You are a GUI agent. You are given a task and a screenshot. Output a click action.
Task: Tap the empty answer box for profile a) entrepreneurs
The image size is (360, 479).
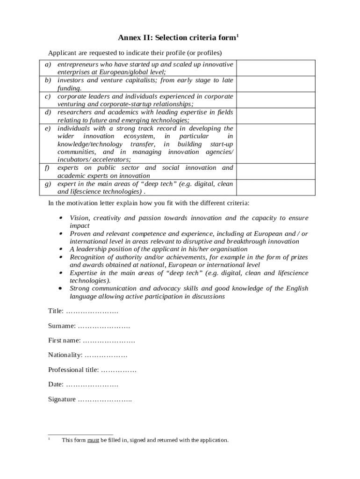tap(275, 68)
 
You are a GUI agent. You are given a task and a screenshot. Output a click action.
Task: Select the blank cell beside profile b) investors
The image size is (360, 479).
tap(275, 84)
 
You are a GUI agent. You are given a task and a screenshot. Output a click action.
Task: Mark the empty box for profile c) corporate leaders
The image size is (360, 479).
tap(275, 100)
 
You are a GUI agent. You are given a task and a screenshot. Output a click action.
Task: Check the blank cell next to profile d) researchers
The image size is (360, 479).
tap(275, 116)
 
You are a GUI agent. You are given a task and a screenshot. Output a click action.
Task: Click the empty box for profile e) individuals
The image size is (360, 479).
tap(275, 143)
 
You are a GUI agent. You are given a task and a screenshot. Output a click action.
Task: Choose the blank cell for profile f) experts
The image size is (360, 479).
tap(275, 171)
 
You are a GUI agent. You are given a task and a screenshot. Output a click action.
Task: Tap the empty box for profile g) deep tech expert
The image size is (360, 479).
tap(275, 187)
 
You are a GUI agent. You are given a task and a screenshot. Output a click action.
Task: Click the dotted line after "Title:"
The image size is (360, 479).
tap(92, 311)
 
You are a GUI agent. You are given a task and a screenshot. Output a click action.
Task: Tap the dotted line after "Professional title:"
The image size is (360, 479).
tap(119, 370)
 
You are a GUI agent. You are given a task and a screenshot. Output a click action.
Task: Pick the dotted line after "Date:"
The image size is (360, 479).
tap(92, 385)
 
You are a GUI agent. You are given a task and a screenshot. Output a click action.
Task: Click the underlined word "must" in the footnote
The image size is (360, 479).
tap(93, 440)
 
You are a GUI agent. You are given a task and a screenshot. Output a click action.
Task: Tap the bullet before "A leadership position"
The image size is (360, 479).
tap(61, 249)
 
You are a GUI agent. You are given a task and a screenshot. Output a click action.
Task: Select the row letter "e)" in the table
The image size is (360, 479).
tap(48, 128)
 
